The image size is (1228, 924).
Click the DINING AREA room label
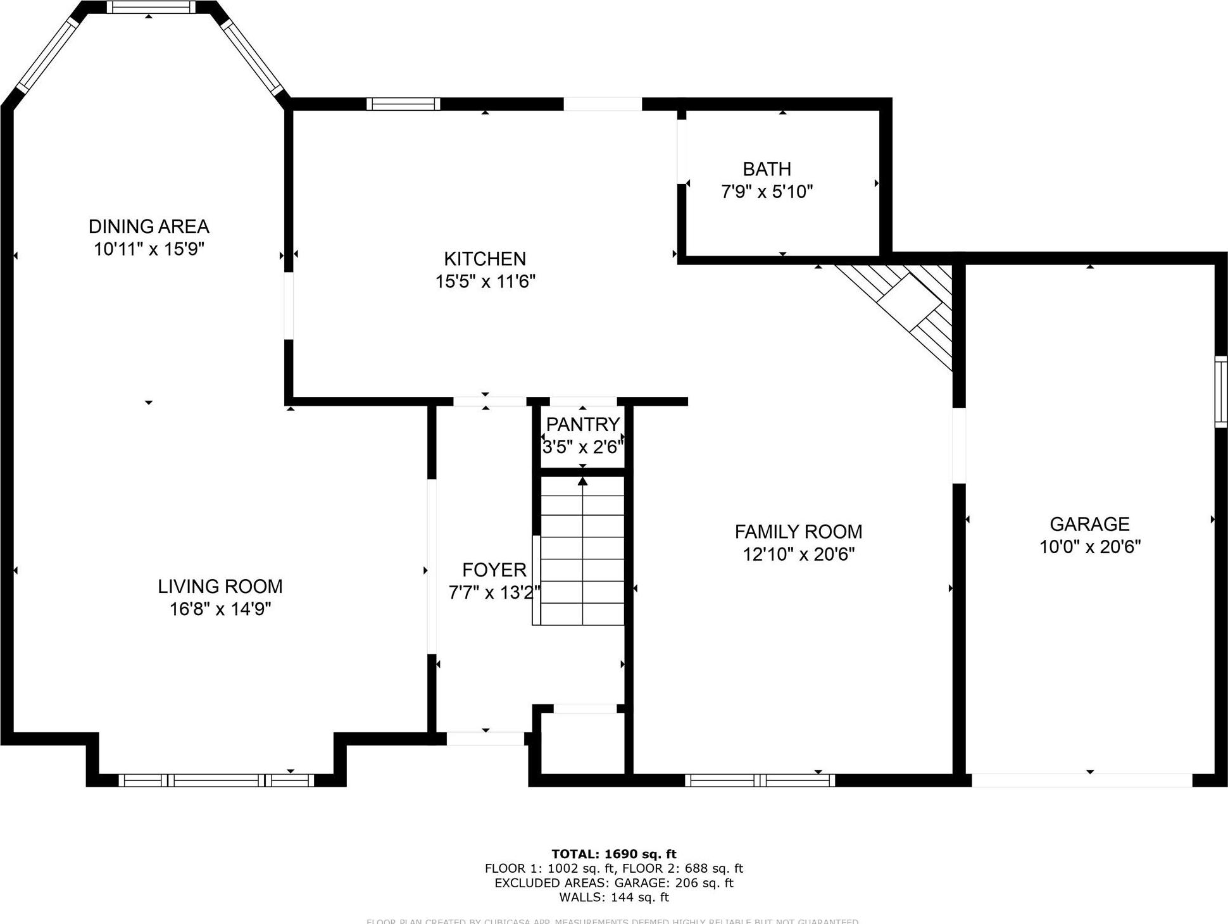(x=149, y=226)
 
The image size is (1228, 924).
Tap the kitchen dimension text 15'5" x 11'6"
(x=485, y=281)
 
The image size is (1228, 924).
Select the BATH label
(x=767, y=169)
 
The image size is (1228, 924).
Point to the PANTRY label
(x=582, y=424)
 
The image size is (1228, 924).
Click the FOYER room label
(x=494, y=570)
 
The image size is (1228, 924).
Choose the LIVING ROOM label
(x=220, y=586)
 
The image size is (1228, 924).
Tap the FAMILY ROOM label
(x=798, y=532)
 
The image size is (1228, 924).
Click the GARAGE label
(x=1089, y=524)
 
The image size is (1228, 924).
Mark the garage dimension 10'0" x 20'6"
(x=1089, y=546)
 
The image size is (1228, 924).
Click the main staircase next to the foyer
(x=582, y=551)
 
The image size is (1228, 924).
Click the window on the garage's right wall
(x=1220, y=391)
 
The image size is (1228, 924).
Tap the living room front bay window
(x=216, y=780)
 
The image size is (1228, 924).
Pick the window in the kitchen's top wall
(x=403, y=104)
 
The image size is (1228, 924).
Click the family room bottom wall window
(x=759, y=780)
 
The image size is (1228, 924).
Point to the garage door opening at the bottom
(x=1081, y=780)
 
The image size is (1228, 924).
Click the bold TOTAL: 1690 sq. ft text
(x=613, y=854)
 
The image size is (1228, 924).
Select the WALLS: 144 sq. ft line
(x=613, y=897)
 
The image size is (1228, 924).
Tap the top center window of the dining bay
(x=151, y=7)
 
